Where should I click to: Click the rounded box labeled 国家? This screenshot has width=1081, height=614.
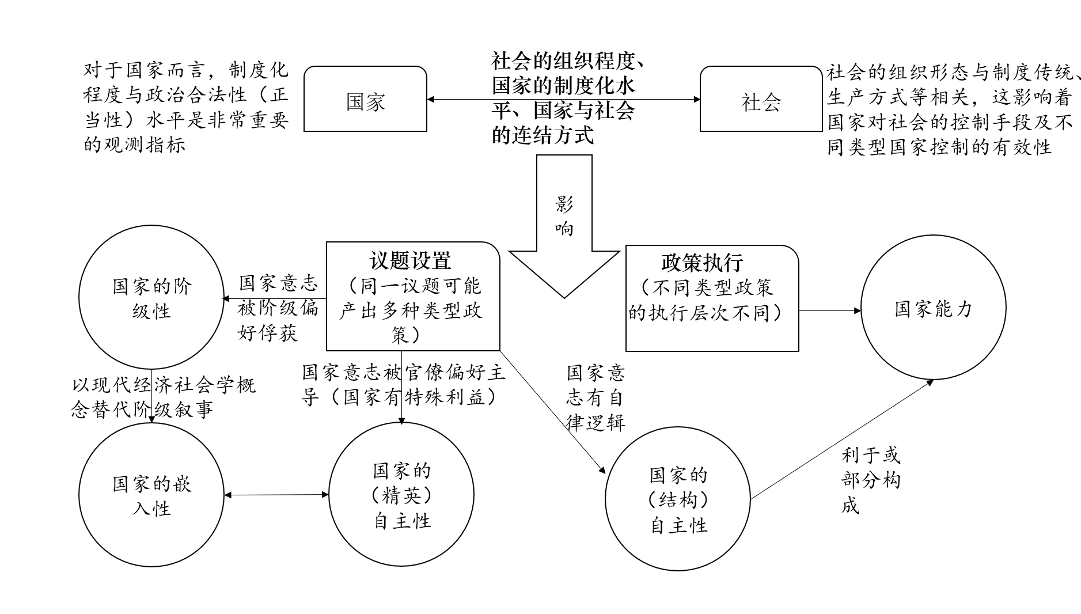click(x=365, y=99)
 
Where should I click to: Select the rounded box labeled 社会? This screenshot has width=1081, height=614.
click(x=761, y=99)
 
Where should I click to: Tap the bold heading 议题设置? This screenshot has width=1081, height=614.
click(x=410, y=260)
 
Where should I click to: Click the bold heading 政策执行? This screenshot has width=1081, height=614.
click(x=702, y=263)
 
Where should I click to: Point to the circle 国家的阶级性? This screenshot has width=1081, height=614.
click(x=151, y=297)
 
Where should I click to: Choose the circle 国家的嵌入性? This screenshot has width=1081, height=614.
click(x=151, y=495)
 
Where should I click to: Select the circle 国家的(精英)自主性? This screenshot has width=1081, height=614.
click(x=401, y=495)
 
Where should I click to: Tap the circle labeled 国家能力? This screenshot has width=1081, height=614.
click(x=933, y=308)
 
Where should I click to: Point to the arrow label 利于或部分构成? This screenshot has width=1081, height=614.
click(x=870, y=480)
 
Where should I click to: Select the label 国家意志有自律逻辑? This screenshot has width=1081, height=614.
click(x=595, y=397)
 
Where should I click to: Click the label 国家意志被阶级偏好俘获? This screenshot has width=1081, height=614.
click(x=278, y=308)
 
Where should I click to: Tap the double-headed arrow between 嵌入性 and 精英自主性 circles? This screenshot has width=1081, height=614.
click(x=276, y=495)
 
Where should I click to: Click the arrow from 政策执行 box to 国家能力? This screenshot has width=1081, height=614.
click(x=829, y=310)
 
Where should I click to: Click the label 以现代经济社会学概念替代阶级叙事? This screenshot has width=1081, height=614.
click(x=164, y=396)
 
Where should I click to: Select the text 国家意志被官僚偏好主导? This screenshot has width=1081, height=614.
click(x=403, y=373)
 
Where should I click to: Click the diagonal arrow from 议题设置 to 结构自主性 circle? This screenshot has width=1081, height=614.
click(x=553, y=412)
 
